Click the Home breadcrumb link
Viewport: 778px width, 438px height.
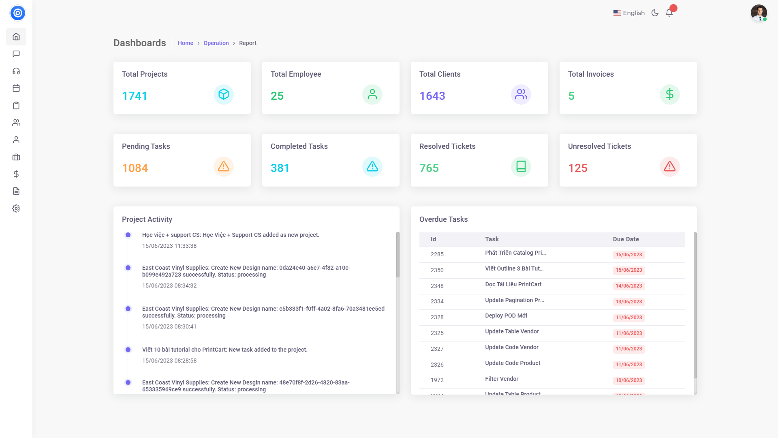pos(185,43)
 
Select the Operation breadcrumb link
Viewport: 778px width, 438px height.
pos(216,43)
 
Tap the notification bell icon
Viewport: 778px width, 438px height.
pos(669,13)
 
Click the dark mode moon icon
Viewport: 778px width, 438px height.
pos(655,13)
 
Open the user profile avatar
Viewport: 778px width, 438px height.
pos(759,13)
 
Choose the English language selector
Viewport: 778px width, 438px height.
pos(629,13)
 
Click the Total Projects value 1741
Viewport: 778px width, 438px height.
pos(135,96)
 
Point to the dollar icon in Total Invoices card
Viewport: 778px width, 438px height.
pos(669,94)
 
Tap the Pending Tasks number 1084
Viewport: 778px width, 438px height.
pos(135,168)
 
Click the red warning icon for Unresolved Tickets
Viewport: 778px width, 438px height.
pos(669,167)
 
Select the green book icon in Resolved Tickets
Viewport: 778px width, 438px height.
pos(521,167)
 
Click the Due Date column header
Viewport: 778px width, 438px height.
pos(626,239)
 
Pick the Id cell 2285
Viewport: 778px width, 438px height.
pos(437,254)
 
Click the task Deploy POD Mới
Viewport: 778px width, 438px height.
pos(506,316)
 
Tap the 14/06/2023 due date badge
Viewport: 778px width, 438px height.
pos(628,286)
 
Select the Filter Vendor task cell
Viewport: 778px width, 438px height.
pos(502,379)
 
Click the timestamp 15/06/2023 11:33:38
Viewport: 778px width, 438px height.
pos(169,246)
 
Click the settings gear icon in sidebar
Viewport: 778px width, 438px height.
pos(16,208)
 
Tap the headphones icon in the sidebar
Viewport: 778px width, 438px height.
pos(16,71)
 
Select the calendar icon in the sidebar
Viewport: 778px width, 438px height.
pos(16,88)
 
